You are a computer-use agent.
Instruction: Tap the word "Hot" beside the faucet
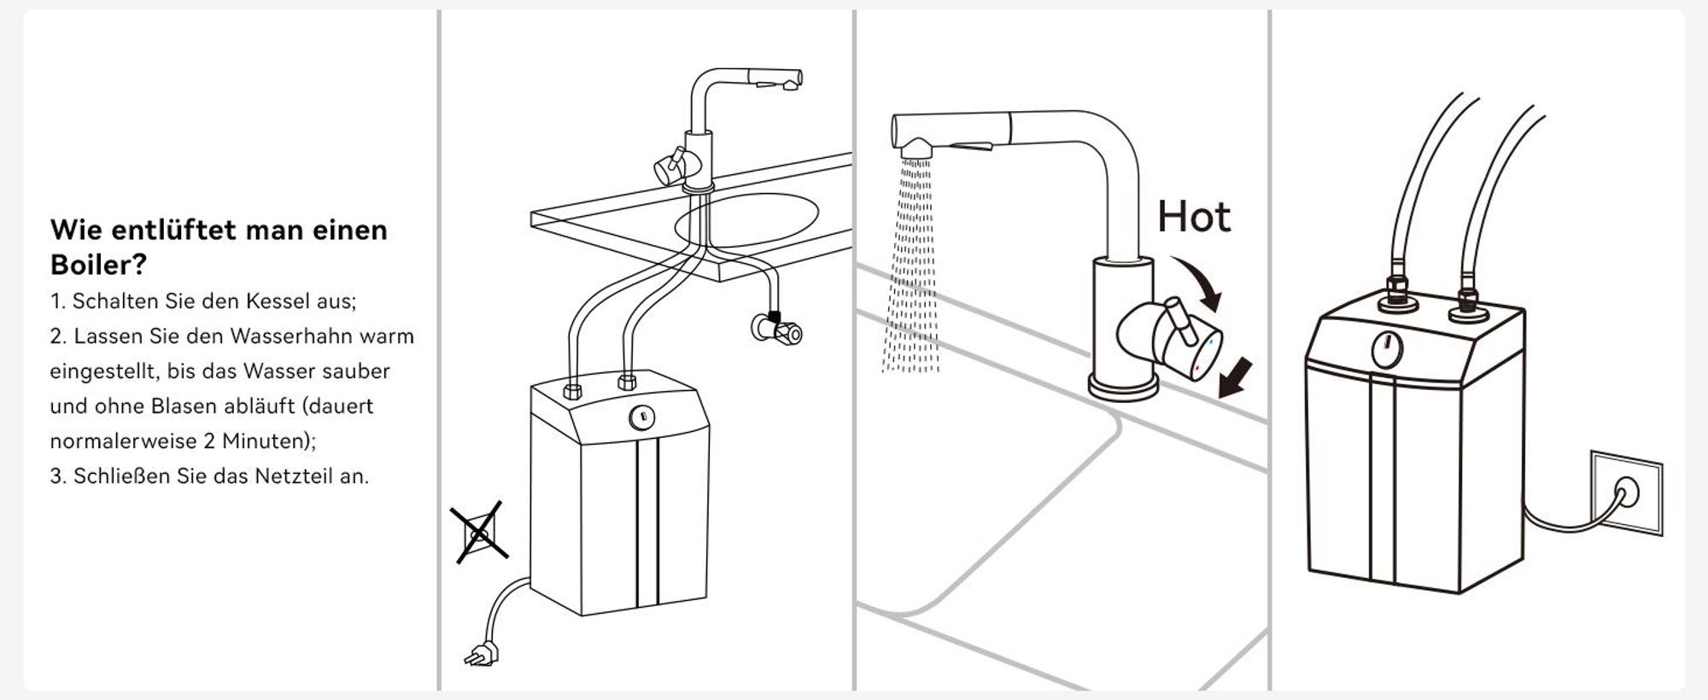(1194, 217)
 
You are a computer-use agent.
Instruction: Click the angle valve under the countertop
(777, 326)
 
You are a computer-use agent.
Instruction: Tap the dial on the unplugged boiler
(640, 417)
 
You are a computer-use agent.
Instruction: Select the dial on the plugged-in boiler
(1387, 351)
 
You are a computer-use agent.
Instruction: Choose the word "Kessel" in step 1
(281, 301)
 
